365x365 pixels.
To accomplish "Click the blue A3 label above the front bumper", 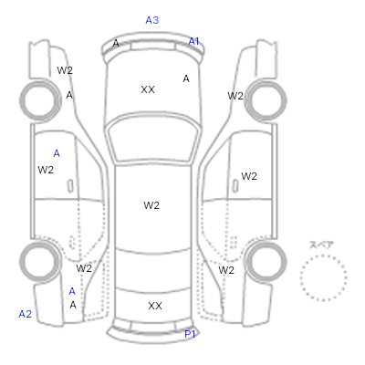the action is click(152, 20).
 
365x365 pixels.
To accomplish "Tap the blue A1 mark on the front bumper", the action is click(193, 41).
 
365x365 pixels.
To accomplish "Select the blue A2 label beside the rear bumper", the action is click(26, 314).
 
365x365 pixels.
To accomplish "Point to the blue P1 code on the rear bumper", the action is click(190, 334).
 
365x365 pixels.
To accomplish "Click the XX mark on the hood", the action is click(148, 89).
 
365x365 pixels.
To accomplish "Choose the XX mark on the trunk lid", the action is click(155, 306).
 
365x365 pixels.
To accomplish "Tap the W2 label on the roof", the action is click(151, 205).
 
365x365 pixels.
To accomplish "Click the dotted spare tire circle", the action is click(323, 255).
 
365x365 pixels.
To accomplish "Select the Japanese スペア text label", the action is click(321, 245).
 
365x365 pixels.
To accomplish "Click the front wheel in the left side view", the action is click(40, 99).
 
